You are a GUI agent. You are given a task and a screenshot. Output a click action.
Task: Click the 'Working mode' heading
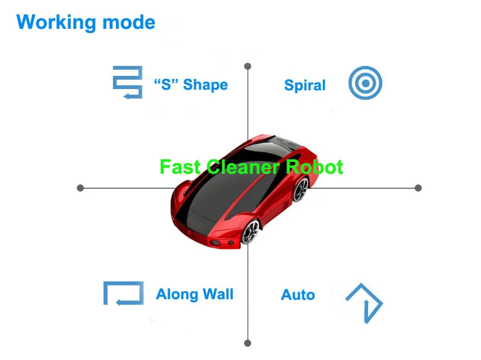(85, 23)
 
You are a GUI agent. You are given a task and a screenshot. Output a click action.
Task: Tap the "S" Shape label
(191, 85)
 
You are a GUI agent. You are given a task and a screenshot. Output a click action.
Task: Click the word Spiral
(305, 85)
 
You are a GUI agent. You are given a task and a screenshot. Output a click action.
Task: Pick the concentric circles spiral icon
(365, 83)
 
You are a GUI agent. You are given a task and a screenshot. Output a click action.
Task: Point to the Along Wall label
(194, 294)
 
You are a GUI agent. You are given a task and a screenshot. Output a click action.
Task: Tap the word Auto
(298, 295)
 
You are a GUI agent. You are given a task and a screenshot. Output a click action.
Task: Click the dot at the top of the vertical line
(248, 66)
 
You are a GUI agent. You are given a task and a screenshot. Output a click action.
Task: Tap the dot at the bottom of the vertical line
(248, 342)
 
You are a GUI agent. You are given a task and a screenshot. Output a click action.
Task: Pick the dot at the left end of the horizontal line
(80, 188)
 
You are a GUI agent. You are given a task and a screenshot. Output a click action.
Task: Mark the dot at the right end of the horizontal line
(418, 188)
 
